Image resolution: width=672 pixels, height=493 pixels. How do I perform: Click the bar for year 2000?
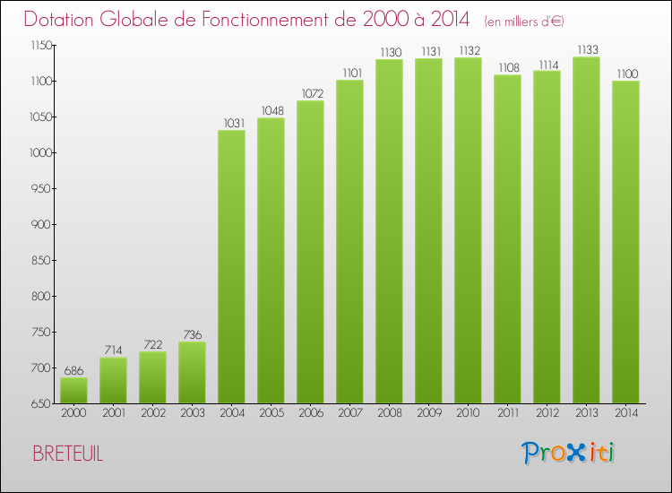click(73, 391)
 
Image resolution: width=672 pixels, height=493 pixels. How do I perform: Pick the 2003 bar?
click(192, 373)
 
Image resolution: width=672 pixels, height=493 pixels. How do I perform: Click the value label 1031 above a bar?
click(231, 123)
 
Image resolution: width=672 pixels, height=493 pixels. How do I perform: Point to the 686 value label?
click(73, 370)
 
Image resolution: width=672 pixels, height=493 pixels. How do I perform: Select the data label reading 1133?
click(586, 50)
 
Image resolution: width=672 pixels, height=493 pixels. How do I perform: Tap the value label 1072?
click(310, 93)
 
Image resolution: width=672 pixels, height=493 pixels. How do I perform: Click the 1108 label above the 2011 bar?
click(507, 67)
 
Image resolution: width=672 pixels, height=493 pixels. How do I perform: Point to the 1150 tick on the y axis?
click(39, 45)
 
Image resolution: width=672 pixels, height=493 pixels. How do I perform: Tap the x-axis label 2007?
click(349, 414)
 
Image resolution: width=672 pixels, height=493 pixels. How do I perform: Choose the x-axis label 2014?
click(625, 414)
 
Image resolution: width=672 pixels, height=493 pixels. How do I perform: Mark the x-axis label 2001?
click(113, 414)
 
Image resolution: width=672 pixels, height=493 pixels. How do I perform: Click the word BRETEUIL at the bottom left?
click(68, 454)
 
